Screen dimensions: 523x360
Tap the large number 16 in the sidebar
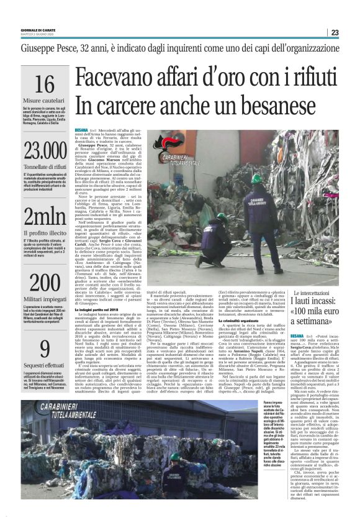tap(44, 84)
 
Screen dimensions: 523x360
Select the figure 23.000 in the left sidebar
tap(44, 151)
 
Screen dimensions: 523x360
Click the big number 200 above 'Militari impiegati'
tap(44, 283)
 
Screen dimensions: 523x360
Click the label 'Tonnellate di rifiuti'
tap(44, 166)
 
